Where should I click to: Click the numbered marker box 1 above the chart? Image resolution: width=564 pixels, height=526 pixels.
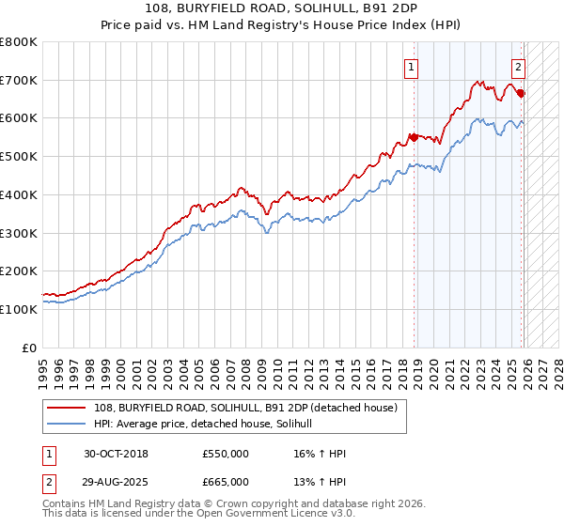(x=412, y=67)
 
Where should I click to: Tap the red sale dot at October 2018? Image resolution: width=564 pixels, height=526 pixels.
(x=414, y=137)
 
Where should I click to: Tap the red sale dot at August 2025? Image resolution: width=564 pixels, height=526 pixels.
(x=521, y=93)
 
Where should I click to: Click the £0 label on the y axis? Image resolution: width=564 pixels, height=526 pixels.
(x=30, y=348)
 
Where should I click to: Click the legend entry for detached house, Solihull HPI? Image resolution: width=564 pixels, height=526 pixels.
(x=209, y=424)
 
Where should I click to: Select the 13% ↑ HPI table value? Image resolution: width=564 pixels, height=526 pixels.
(x=320, y=481)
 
